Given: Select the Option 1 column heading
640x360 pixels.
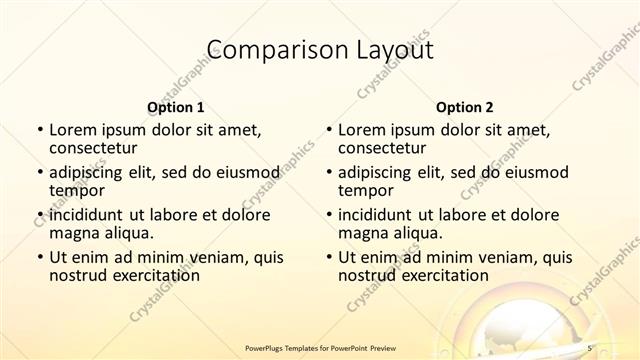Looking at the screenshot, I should [x=176, y=106].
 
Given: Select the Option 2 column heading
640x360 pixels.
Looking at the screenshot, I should [x=464, y=106].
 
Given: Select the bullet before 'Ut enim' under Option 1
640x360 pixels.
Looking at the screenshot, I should [x=39, y=258].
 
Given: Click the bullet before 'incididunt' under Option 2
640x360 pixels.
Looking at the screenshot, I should [x=328, y=215].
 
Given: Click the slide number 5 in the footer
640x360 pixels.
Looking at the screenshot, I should [x=589, y=347].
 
